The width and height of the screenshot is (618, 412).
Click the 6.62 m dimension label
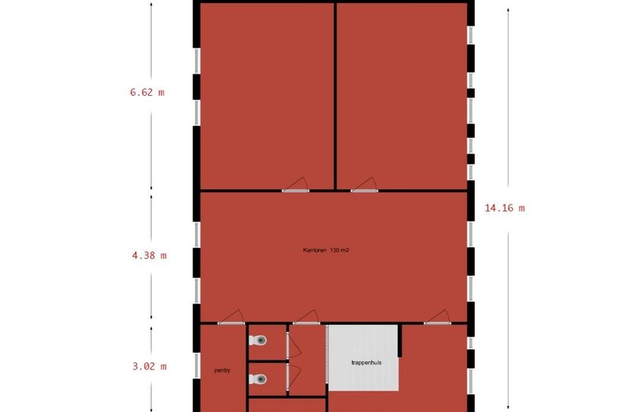[147, 92]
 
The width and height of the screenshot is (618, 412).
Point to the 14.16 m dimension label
[505, 208]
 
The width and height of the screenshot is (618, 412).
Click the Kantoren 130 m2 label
[326, 250]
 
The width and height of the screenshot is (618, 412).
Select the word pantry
[222, 370]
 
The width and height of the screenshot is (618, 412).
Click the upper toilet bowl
[258, 340]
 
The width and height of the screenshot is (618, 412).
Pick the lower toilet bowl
[258, 380]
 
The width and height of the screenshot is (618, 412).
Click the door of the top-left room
[295, 185]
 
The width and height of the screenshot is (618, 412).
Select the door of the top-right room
[364, 185]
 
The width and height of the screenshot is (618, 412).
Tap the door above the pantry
[231, 318]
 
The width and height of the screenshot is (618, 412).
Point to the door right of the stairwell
[437, 318]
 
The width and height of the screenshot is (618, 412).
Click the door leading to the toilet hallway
[306, 318]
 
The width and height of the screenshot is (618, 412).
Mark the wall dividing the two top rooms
[335, 95]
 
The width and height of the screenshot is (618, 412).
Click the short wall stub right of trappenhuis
[401, 341]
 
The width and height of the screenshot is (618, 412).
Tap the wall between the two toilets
[267, 360]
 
